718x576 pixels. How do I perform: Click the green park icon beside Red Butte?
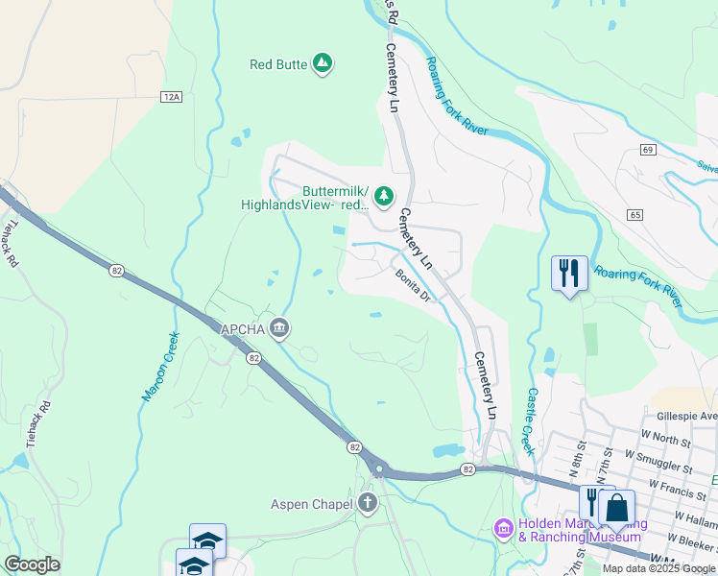point(323,64)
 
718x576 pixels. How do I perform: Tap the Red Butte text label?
point(278,64)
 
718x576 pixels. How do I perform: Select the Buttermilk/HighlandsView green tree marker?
point(384,196)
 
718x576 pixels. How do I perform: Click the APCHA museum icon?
point(279,329)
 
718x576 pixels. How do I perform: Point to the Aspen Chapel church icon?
point(366,503)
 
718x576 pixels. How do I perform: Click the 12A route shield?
point(171,97)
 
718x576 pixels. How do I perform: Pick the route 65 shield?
point(636,214)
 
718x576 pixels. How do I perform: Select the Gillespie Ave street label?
point(687,417)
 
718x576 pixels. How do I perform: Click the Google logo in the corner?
point(32,564)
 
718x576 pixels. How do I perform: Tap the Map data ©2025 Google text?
point(658,568)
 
